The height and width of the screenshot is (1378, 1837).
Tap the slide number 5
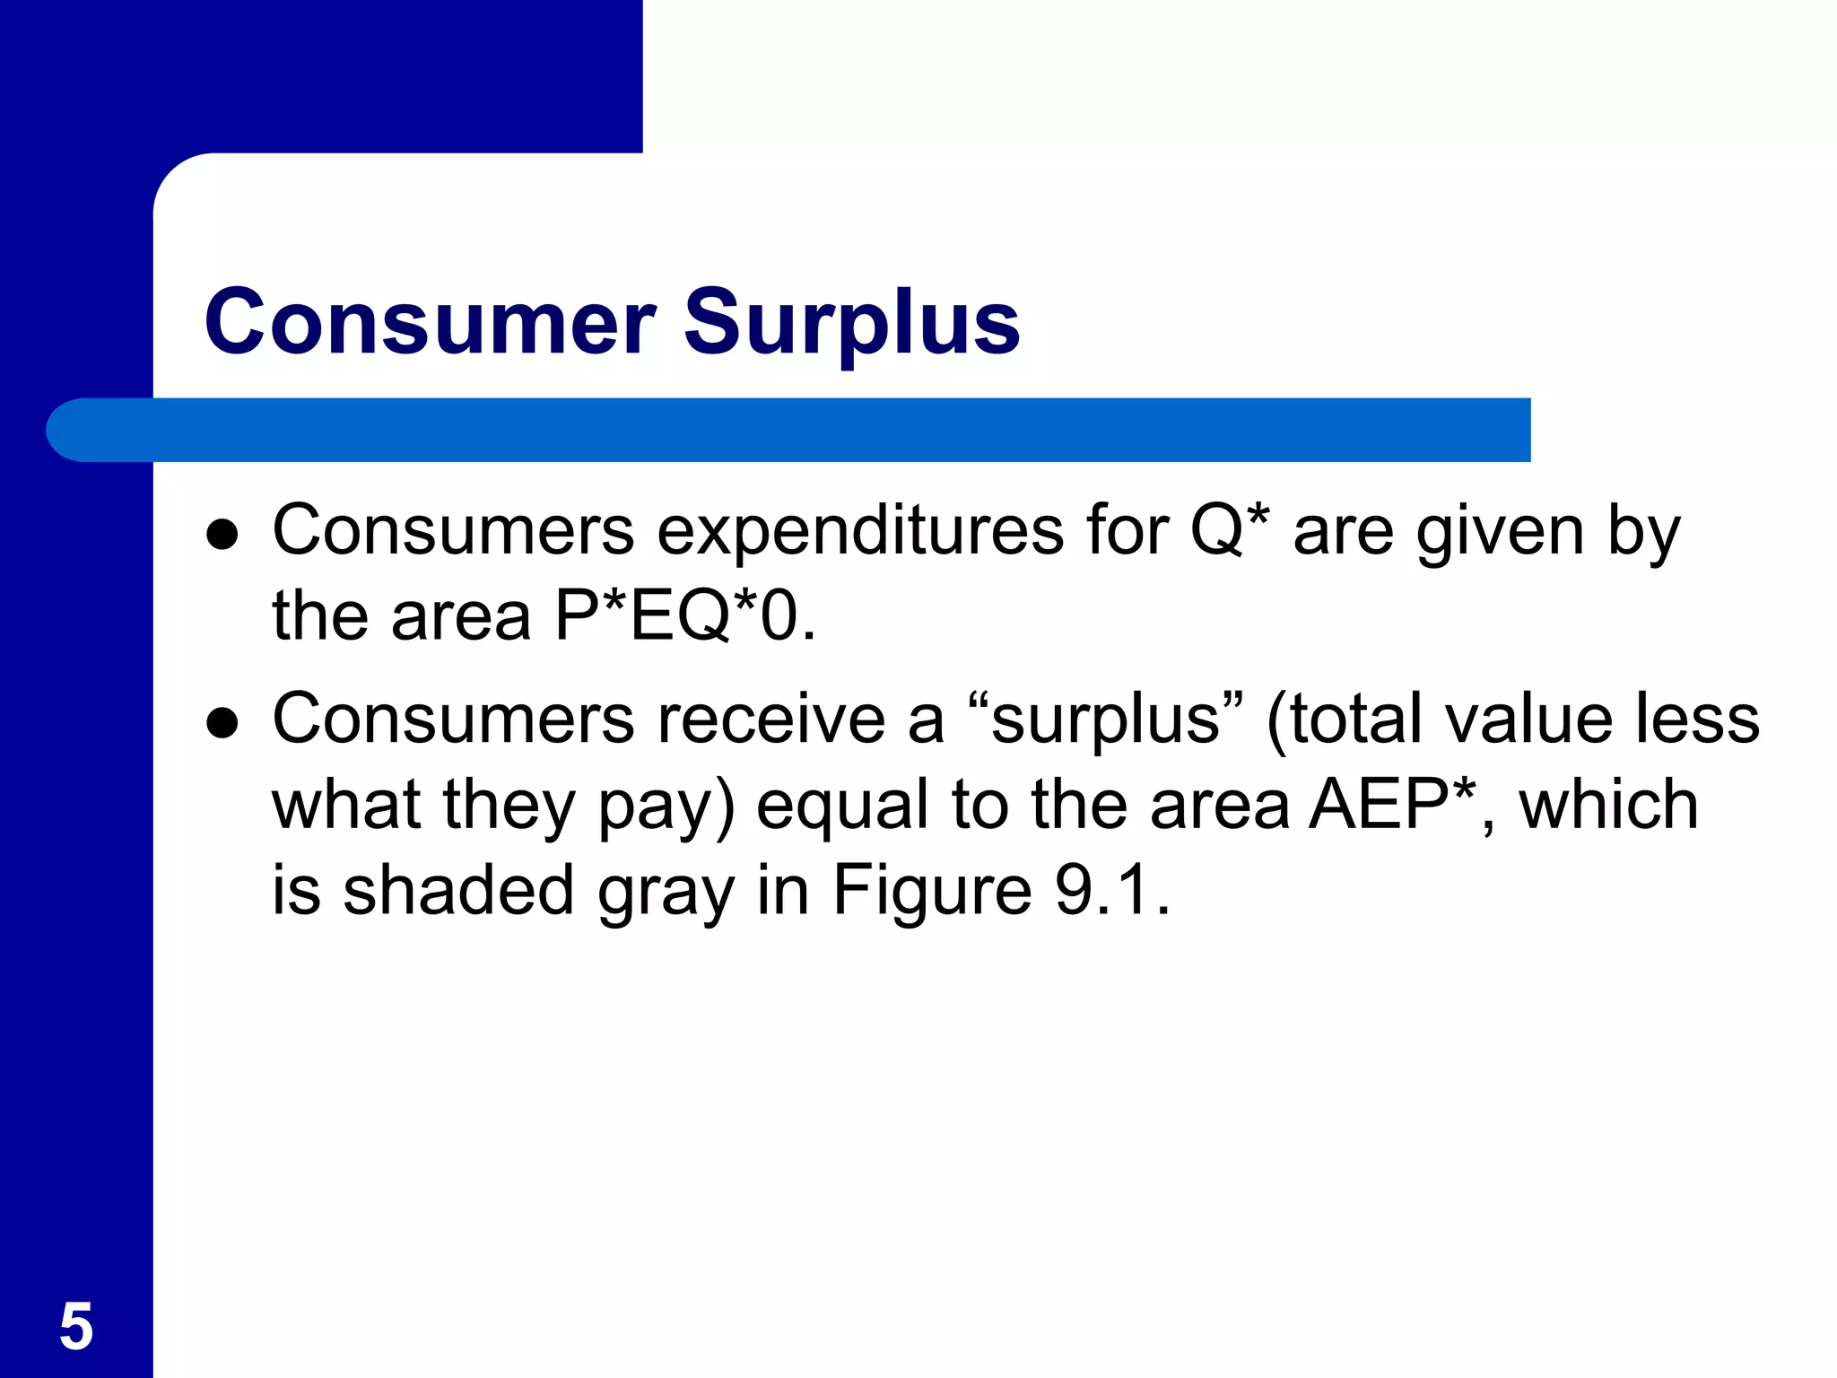click(76, 1326)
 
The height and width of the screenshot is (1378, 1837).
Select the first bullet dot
click(222, 535)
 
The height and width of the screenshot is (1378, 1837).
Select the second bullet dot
click(222, 722)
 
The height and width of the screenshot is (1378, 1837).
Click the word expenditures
click(860, 531)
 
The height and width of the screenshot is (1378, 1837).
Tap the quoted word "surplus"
click(1104, 720)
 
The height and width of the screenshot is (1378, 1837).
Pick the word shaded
click(458, 890)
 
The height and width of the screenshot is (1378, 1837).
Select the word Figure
click(932, 892)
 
